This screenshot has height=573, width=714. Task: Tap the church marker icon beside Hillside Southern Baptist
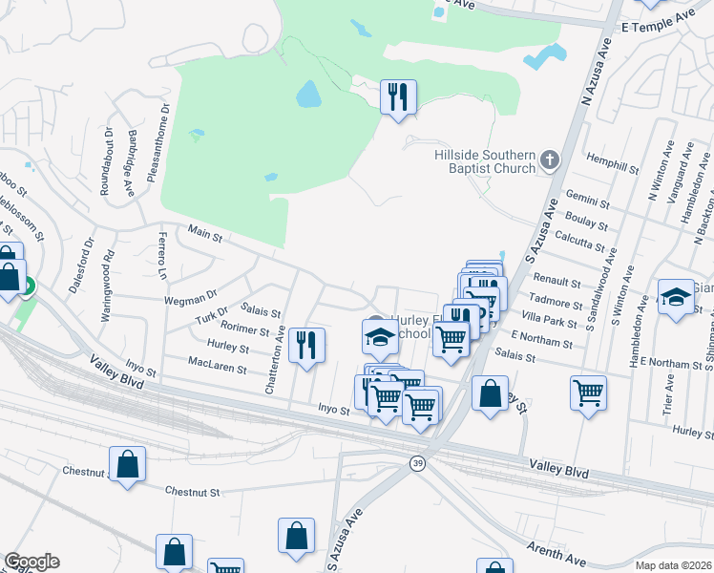pyautogui.click(x=550, y=159)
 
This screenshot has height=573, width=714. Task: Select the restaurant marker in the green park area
pyautogui.click(x=398, y=97)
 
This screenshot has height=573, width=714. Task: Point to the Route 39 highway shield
pyautogui.click(x=417, y=463)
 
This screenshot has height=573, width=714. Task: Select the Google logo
pyautogui.click(x=31, y=562)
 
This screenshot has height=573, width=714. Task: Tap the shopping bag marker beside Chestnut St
pyautogui.click(x=127, y=466)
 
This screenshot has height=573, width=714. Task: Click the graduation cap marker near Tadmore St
pyautogui.click(x=676, y=297)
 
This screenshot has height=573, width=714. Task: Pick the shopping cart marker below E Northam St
pyautogui.click(x=588, y=391)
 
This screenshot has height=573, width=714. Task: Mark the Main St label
pyautogui.click(x=205, y=232)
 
